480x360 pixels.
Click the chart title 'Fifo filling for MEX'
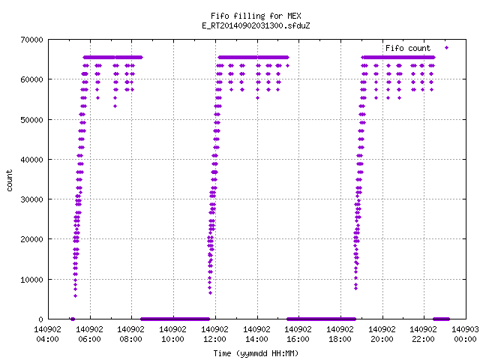coord(256,16)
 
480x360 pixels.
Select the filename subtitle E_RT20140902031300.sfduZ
coord(256,25)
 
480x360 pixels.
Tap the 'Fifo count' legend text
coord(408,48)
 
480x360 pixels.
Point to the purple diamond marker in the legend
coord(447,47)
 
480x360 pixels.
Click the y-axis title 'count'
coord(9,181)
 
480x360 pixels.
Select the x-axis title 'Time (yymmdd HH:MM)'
coord(256,353)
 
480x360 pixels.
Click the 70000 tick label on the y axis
coord(31,40)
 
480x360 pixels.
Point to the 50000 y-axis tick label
coord(31,120)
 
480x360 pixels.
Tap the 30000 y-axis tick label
coord(31,199)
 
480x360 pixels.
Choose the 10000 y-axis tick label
coord(31,280)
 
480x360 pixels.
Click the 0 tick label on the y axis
coord(40,319)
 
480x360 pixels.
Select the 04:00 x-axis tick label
coord(47,339)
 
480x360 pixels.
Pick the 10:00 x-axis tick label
coord(172,339)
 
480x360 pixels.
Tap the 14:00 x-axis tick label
coord(256,339)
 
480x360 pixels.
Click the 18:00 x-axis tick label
coord(340,339)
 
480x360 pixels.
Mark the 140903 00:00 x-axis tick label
coord(465,334)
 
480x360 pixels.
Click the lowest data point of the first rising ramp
coord(75,296)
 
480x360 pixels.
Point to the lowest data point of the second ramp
coord(210,293)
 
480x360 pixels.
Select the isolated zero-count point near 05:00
coord(73,319)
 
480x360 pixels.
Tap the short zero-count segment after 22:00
coord(441,319)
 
